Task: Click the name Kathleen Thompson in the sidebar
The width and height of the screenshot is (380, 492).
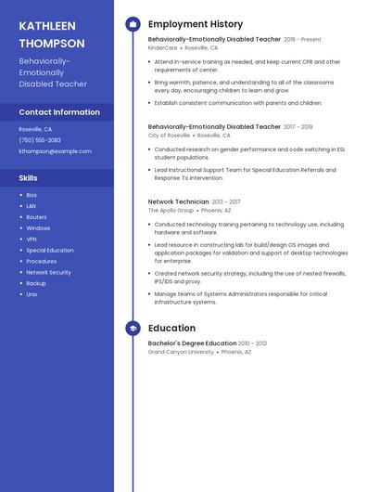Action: [52, 34]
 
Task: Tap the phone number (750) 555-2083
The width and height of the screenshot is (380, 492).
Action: [40, 140]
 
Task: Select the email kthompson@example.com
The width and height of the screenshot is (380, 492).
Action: [55, 151]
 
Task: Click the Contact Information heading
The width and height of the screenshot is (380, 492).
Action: [59, 112]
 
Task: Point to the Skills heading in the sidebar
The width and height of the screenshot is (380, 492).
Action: [29, 177]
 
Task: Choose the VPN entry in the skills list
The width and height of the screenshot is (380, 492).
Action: [32, 239]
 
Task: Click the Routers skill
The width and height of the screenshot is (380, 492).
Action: [36, 216]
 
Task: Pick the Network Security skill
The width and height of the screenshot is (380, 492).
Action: [48, 272]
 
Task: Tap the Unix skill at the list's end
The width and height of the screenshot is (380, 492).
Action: [32, 294]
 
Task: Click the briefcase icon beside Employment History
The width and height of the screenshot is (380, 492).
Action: [133, 24]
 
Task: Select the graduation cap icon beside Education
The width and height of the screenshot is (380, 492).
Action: [133, 328]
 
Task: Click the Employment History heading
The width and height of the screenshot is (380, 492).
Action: [196, 24]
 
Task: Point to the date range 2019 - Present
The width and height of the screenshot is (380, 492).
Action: [302, 40]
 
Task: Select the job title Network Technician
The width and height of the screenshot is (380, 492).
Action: [178, 201]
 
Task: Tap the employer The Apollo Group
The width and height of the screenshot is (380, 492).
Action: [170, 210]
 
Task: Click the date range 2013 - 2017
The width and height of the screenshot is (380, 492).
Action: [225, 201]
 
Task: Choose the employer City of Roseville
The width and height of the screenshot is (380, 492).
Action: [170, 135]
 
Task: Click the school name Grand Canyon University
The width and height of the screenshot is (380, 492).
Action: [181, 352]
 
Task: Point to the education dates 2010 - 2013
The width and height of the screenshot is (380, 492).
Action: [252, 343]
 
